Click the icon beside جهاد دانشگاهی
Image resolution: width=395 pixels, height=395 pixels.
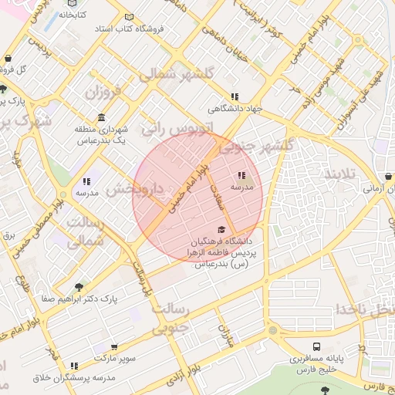coord(233,96)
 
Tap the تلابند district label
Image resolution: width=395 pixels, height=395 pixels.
coord(340,173)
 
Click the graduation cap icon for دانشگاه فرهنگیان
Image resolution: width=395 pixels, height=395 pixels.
coord(222,229)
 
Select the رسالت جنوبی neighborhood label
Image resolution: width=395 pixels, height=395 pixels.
coord(170,317)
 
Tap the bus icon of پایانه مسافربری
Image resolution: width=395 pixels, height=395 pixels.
coord(317,347)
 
